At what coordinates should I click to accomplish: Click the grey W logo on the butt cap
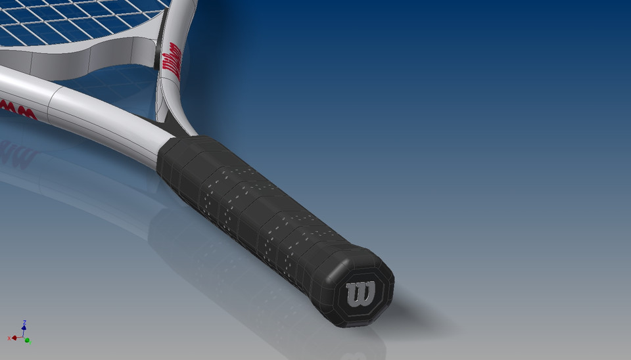pos(361,295)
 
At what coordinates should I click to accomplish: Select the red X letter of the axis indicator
pos(9,338)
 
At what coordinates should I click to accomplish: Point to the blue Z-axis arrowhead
pos(24,327)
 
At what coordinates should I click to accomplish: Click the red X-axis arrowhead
pos(14,338)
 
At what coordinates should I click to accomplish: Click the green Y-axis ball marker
pos(27,340)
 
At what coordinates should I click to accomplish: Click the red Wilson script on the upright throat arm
pos(172,60)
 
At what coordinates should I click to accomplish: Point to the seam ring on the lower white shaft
pos(53,102)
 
